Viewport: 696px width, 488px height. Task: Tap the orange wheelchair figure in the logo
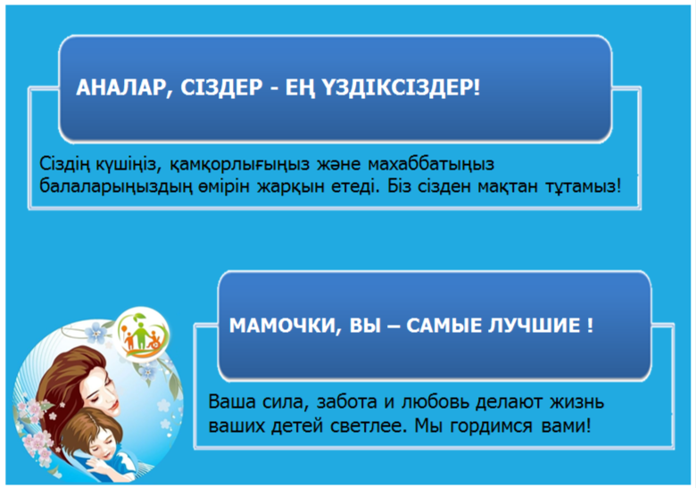point(155,340)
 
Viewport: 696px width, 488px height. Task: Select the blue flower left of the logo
point(95,333)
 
